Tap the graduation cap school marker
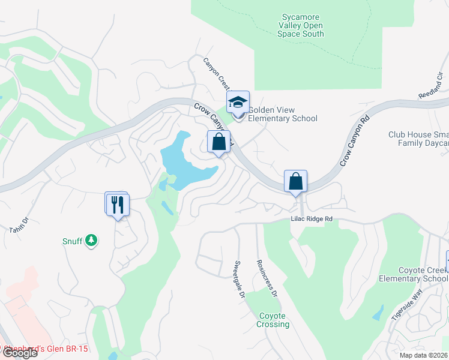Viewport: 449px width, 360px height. (x=238, y=103)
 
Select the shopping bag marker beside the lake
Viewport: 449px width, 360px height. (x=219, y=142)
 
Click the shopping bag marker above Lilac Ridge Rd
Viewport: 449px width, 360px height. (x=296, y=181)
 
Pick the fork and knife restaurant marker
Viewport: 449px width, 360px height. (x=118, y=204)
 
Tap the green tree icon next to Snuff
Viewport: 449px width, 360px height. (x=91, y=241)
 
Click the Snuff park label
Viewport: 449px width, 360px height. (x=72, y=241)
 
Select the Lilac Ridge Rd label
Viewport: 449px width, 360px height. (x=312, y=220)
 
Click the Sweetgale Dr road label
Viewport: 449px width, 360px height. (x=240, y=280)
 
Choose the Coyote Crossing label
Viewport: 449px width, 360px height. (x=274, y=320)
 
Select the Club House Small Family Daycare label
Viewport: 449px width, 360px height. (x=418, y=139)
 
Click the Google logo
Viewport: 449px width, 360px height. (x=19, y=352)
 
